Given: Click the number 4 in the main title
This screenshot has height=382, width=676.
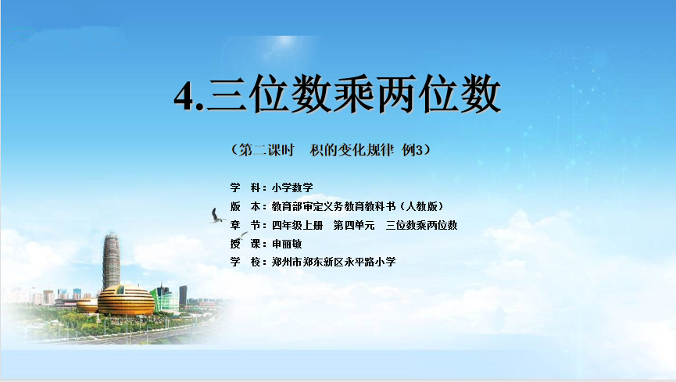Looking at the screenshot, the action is [x=184, y=96].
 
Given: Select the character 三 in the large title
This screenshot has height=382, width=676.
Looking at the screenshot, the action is [x=227, y=94].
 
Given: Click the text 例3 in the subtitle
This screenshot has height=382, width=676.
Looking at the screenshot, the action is [x=413, y=150].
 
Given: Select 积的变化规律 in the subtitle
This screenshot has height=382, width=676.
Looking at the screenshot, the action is [x=352, y=150].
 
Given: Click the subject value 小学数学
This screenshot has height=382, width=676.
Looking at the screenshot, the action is [x=292, y=187].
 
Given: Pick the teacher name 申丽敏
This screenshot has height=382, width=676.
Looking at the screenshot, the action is [x=287, y=244].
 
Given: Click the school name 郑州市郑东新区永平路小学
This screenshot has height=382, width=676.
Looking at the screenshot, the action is [x=334, y=262].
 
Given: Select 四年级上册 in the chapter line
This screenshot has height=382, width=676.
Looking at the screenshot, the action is [x=298, y=225].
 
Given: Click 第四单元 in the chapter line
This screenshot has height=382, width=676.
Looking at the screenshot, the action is [x=354, y=225].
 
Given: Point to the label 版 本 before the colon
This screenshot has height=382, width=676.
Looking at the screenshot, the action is [x=245, y=206].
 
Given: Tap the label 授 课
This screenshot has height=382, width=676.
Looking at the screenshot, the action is [x=245, y=244].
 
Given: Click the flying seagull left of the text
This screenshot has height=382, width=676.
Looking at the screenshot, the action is [x=216, y=216].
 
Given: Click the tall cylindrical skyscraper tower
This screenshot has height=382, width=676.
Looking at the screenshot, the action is [x=111, y=261].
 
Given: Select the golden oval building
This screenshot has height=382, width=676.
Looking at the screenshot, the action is [x=126, y=300].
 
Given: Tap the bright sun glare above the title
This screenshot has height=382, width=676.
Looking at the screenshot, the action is [x=285, y=43].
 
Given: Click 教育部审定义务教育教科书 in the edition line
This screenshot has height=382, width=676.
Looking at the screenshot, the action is [x=334, y=206].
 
